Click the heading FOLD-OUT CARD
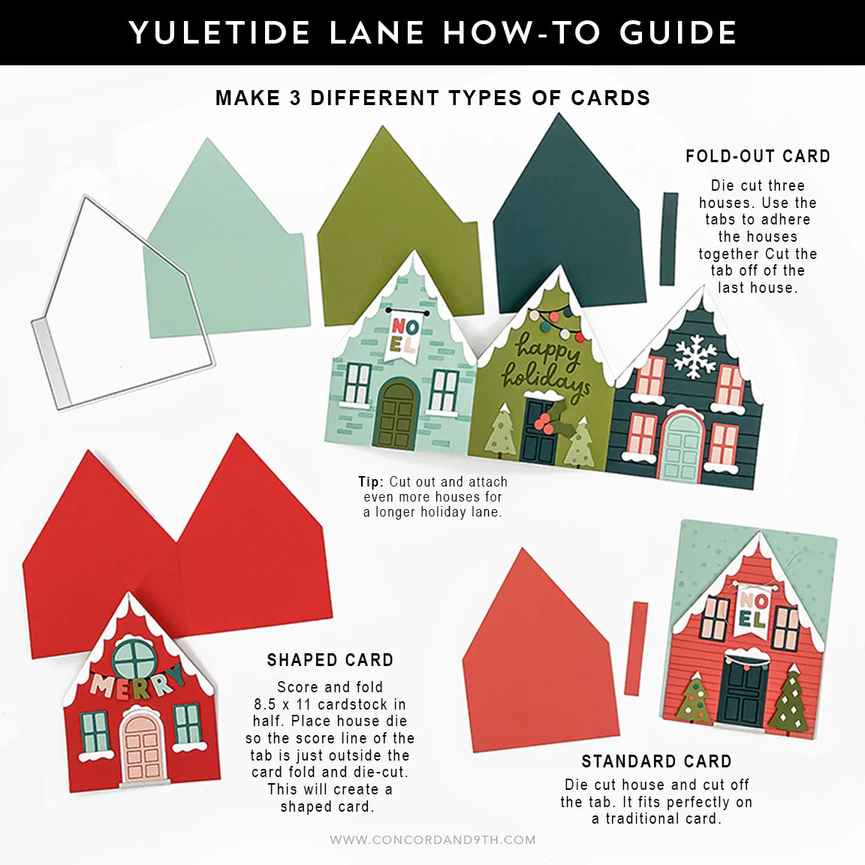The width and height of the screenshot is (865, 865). click(x=758, y=157)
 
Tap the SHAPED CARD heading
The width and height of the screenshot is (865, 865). click(x=330, y=661)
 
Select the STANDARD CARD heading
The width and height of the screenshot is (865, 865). click(x=656, y=762)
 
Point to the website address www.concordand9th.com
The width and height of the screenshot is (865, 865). click(x=432, y=840)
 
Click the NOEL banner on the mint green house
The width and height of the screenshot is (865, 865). click(x=403, y=336)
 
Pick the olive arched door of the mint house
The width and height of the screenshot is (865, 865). click(x=396, y=414)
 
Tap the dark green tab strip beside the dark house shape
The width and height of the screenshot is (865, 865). click(x=668, y=239)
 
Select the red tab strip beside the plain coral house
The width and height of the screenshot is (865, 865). click(x=640, y=649)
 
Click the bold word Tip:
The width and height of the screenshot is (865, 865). click(x=371, y=482)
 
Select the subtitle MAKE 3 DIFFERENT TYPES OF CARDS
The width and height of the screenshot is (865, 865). click(x=432, y=98)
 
